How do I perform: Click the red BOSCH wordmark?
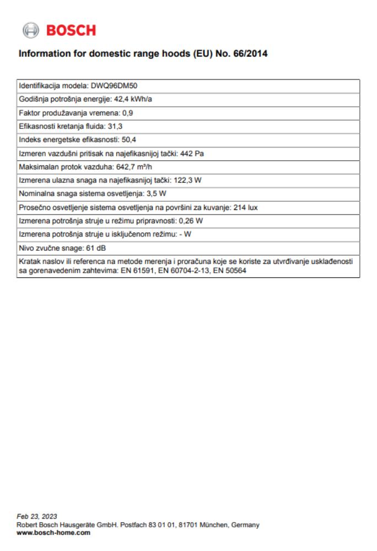pos(71,30)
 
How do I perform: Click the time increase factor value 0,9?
pos(128,113)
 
